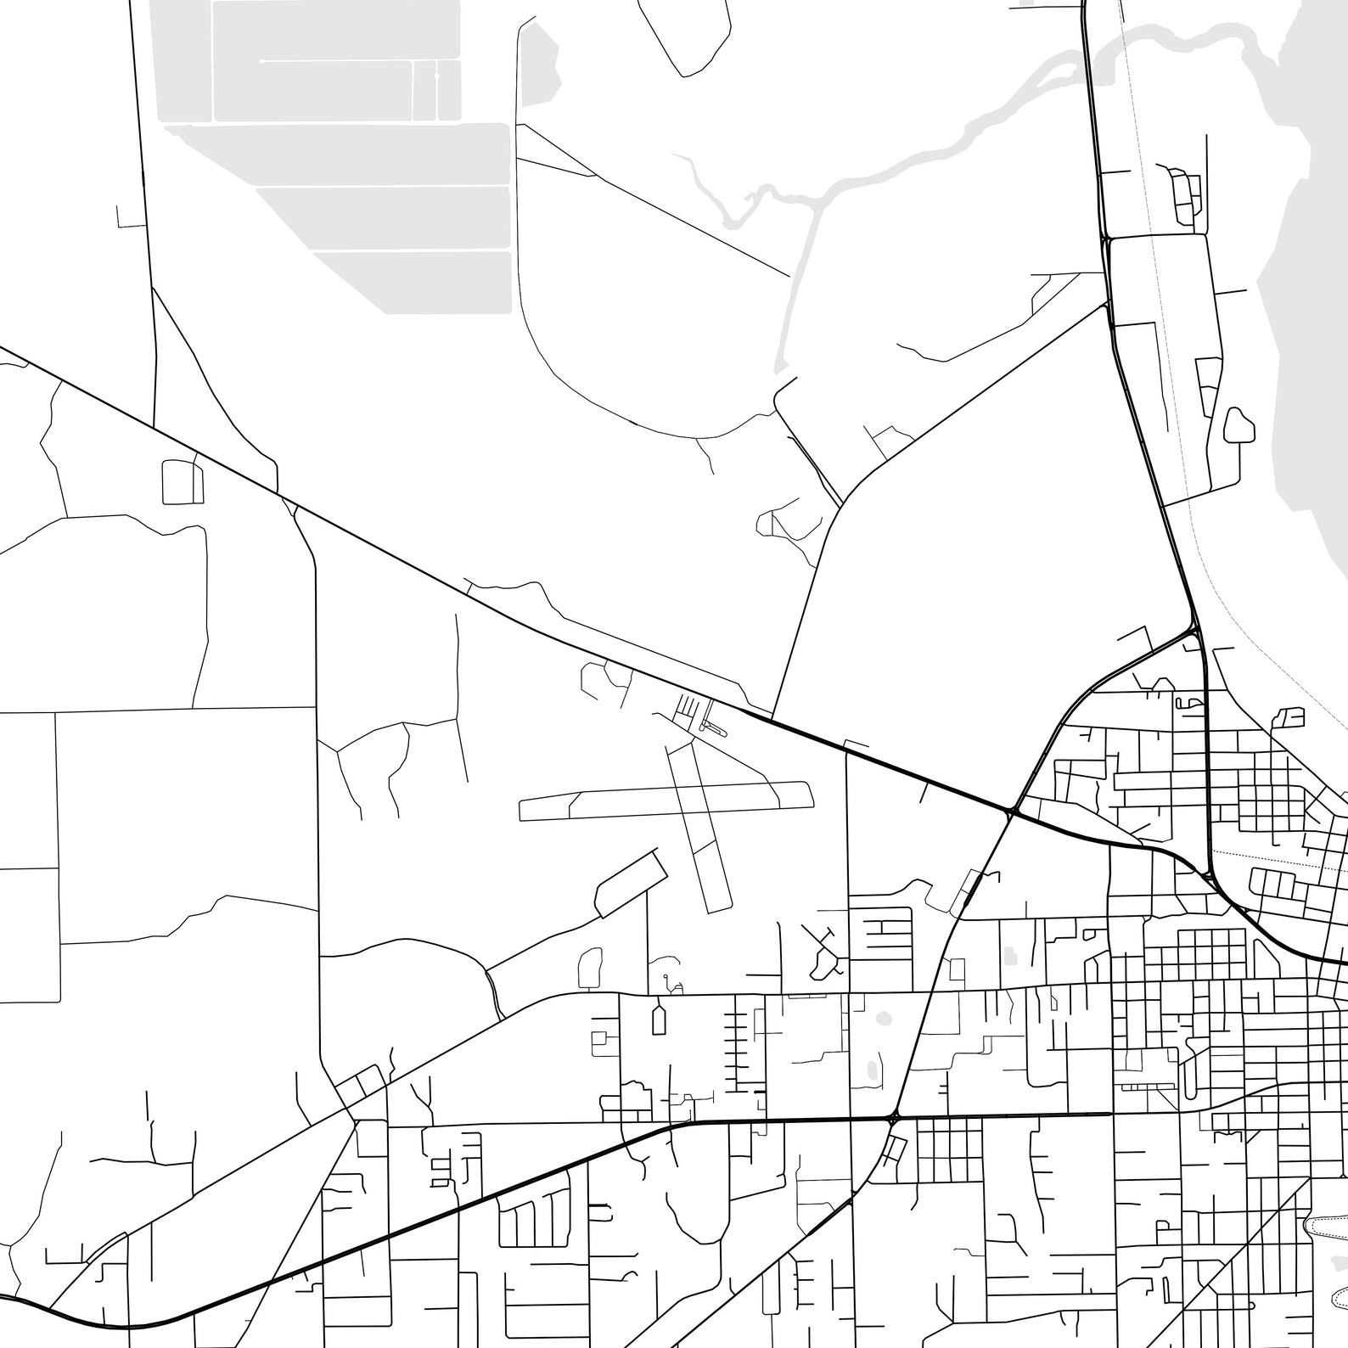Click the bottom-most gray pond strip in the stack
coord(413,280)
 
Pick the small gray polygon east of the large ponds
coord(538,68)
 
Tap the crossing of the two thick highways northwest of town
coord(1012,812)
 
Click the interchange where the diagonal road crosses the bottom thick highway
coord(893,1118)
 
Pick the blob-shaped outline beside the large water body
coord(1240,425)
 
